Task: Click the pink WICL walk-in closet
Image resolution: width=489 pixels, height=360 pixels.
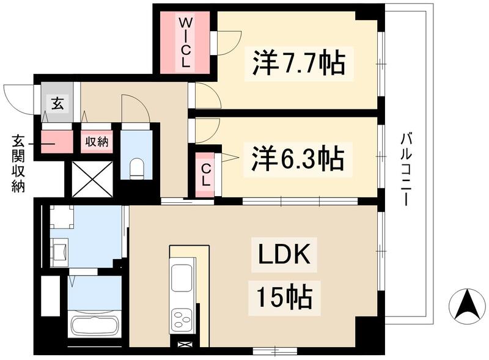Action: [185, 42]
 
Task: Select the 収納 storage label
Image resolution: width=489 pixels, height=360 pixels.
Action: [95, 142]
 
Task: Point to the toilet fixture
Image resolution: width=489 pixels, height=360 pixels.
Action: [137, 167]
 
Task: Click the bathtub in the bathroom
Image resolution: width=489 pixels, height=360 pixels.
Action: [94, 324]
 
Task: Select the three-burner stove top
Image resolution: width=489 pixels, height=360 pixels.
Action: [182, 318]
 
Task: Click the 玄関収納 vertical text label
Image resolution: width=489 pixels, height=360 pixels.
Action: [17, 163]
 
